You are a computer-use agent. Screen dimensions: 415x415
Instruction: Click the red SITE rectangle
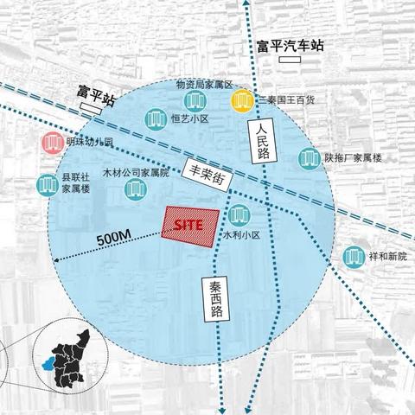pyautogui.click(x=189, y=224)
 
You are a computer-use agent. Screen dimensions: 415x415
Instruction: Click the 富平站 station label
pyautogui.click(x=96, y=92)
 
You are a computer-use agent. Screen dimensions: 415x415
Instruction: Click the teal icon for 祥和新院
pyautogui.click(x=352, y=256)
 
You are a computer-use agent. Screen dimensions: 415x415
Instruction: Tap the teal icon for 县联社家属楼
pyautogui.click(x=46, y=184)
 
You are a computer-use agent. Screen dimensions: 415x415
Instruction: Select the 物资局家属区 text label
pyautogui.click(x=205, y=85)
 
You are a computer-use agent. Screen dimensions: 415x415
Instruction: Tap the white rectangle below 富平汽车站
pyautogui.click(x=291, y=62)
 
